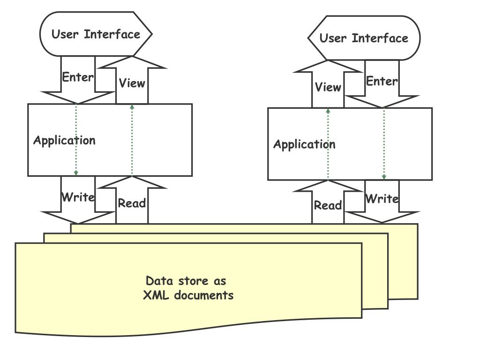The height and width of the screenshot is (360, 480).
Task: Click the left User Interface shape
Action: point(96,34)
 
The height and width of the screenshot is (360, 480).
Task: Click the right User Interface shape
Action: point(364,38)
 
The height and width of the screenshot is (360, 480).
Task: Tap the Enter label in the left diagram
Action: point(78,77)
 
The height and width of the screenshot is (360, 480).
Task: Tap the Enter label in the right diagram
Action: point(382,81)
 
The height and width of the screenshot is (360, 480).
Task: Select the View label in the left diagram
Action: point(132,83)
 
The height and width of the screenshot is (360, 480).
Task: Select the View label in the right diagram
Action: point(328,87)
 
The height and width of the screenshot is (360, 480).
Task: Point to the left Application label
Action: point(64,140)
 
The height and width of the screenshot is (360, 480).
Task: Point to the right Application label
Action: point(304,144)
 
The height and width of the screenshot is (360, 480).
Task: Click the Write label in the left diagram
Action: point(78,197)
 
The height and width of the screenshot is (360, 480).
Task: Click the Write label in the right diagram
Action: point(382,199)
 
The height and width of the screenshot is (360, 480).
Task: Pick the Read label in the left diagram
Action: point(132,203)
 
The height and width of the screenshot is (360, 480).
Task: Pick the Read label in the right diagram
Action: point(328,205)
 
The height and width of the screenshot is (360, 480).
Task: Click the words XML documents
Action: point(188,295)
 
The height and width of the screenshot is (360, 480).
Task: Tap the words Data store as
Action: point(186,281)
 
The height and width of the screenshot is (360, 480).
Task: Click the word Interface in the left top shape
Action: point(112,34)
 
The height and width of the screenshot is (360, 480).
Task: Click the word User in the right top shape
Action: point(332,38)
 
